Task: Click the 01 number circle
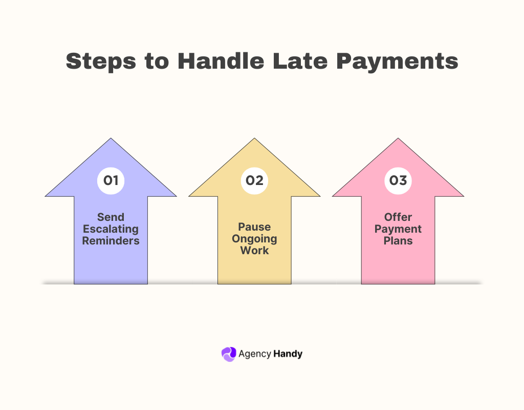click(111, 180)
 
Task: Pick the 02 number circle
click(254, 180)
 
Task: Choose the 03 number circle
click(398, 180)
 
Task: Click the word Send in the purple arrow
click(111, 217)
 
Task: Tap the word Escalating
click(111, 229)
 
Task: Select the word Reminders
click(111, 241)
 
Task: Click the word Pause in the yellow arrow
click(254, 227)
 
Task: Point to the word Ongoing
click(254, 239)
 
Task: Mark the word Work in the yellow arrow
click(254, 251)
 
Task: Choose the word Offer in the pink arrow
click(398, 217)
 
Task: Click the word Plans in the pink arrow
click(398, 241)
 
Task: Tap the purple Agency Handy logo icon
click(228, 354)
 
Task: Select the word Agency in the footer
click(255, 354)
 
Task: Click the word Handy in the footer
click(288, 354)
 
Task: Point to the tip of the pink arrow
click(398, 139)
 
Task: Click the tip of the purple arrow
click(111, 139)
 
